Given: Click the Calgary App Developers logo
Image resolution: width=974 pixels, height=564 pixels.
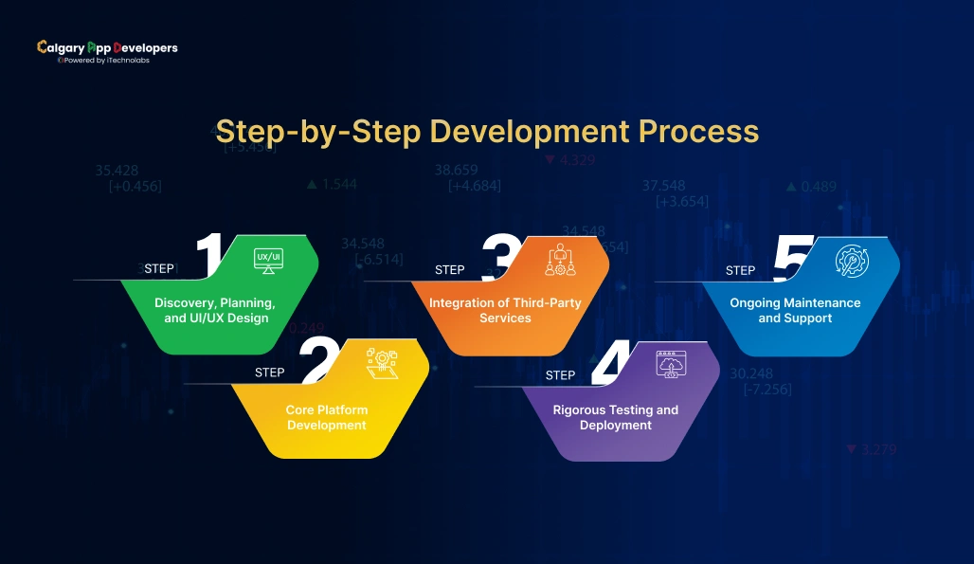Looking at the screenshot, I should point(106,51).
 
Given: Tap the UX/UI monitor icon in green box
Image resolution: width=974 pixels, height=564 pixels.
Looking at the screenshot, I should point(268,260).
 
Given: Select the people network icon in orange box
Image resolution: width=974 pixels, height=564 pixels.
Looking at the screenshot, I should point(560,260).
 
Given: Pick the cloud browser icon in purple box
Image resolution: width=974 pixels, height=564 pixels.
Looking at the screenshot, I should point(671,364).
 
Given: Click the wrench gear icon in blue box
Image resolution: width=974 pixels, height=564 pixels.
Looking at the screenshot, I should point(851,260).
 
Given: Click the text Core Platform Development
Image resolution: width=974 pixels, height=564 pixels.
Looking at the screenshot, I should point(327,418).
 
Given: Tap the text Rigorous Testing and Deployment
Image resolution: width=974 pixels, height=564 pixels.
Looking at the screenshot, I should point(616,418).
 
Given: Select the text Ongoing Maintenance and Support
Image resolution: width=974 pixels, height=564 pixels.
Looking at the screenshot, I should point(795,310).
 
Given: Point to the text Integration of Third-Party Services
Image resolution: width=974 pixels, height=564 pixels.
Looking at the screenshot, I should point(505,310).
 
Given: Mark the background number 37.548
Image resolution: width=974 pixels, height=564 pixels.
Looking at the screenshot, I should point(663,186).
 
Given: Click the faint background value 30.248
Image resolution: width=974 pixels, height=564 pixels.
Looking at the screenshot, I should point(751,373).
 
